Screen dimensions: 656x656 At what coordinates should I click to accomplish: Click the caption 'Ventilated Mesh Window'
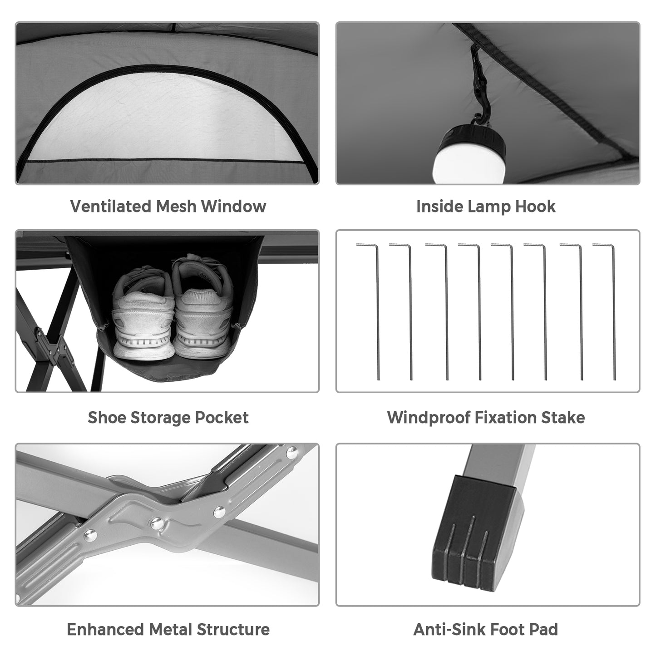point(168,206)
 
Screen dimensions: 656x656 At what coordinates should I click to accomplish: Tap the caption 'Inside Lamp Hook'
point(486,206)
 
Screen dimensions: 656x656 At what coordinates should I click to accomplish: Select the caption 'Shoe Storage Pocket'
point(168,417)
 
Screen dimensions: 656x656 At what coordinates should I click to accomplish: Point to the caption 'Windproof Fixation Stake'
point(486,417)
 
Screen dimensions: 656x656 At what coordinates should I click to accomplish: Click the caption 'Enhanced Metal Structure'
point(168,629)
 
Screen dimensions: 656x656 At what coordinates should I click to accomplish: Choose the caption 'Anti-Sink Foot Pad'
point(486,629)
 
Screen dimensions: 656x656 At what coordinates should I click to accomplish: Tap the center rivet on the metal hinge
point(157,522)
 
